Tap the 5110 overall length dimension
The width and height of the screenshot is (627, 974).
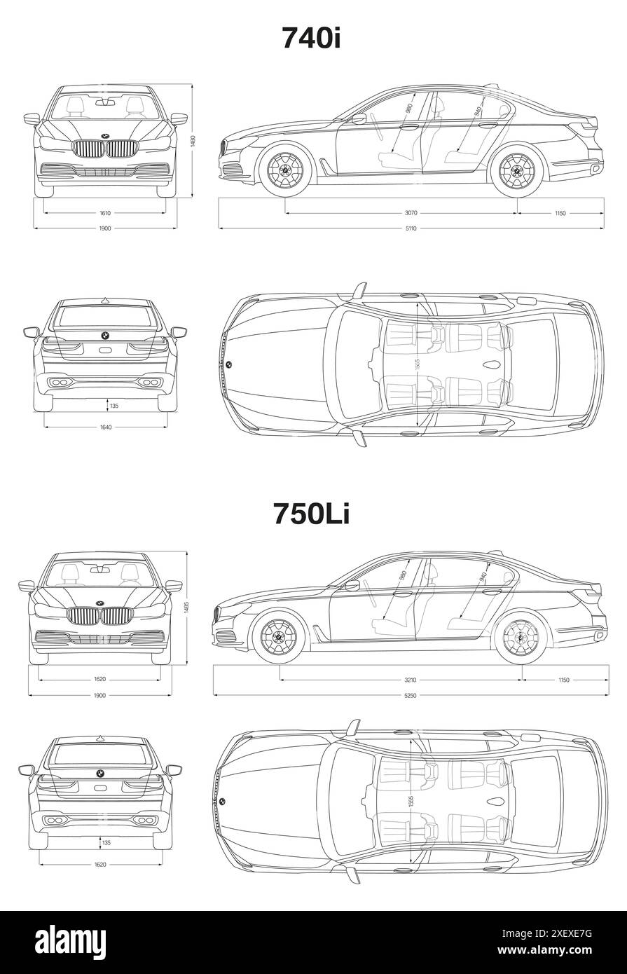410,228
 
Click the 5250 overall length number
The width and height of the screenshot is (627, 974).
410,695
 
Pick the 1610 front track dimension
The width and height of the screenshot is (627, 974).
105,213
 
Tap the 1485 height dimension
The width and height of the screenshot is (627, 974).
186,607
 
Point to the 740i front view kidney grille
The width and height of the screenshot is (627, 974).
105,149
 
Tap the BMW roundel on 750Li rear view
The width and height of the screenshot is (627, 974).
99,773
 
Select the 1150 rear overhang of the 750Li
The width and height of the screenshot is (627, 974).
564,680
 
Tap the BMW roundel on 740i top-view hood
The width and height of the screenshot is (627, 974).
228,364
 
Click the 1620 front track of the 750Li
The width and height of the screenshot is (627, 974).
99,680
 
